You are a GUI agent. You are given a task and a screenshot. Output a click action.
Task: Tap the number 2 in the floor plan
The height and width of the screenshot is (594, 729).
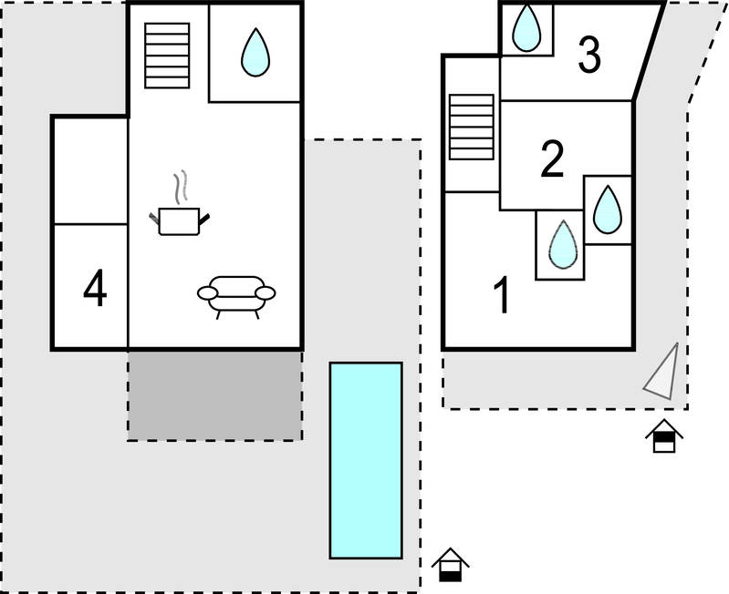pyautogui.click(x=552, y=159)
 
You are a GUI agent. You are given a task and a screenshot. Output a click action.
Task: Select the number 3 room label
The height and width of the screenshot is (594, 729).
pyautogui.click(x=589, y=56)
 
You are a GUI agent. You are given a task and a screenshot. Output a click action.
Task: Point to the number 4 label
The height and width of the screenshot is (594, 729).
pyautogui.click(x=95, y=289)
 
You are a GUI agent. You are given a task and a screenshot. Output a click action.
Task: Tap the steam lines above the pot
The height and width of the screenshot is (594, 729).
pyautogui.click(x=183, y=185)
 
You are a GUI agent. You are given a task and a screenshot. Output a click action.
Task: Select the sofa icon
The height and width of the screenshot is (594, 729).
pyautogui.click(x=236, y=295)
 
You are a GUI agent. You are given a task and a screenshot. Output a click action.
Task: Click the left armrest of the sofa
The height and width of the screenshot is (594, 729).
pyautogui.click(x=208, y=293)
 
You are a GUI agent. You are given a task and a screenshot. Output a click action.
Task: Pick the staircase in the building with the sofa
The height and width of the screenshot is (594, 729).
pyautogui.click(x=167, y=55)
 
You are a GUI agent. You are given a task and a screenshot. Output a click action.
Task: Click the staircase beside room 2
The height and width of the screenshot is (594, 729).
pyautogui.click(x=471, y=125)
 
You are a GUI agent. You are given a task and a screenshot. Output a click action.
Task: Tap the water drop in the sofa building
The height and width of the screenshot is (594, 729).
pyautogui.click(x=255, y=52)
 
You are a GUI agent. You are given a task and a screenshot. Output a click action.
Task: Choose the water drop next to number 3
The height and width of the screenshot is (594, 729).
pyautogui.click(x=526, y=28)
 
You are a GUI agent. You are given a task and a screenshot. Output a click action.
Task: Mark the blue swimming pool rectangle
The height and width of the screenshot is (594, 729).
pyautogui.click(x=365, y=460)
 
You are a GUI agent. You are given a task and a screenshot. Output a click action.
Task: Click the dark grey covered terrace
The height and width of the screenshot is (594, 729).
pyautogui.click(x=214, y=395)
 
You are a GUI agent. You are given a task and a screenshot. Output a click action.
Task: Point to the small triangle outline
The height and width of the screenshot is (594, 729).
pyautogui.click(x=663, y=374)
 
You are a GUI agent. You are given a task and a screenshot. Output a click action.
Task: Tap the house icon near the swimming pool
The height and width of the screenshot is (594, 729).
pyautogui.click(x=449, y=565)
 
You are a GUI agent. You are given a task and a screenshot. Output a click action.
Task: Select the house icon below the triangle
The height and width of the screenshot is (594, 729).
pyautogui.click(x=664, y=436)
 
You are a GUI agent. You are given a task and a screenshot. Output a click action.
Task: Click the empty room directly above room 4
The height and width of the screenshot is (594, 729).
pyautogui.click(x=89, y=170)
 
